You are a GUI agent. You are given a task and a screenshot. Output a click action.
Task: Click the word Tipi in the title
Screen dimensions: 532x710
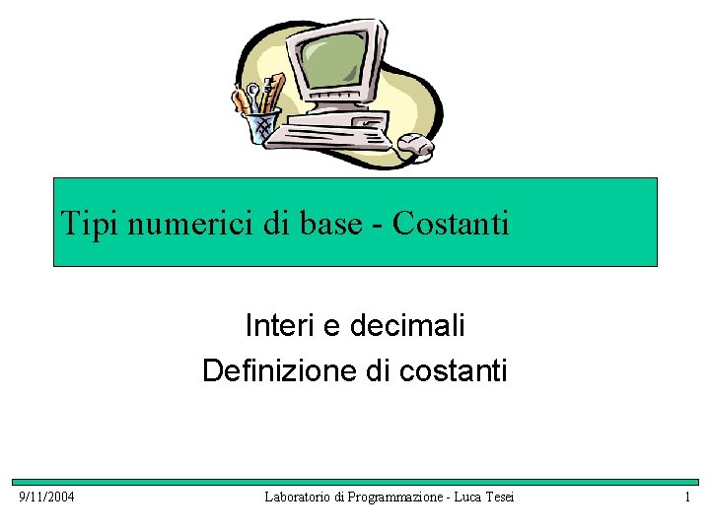pyautogui.click(x=82, y=224)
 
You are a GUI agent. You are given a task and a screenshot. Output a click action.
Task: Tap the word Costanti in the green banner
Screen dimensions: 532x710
pyautogui.click(x=451, y=224)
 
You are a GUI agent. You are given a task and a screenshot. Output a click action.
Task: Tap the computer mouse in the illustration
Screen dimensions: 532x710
pyautogui.click(x=415, y=146)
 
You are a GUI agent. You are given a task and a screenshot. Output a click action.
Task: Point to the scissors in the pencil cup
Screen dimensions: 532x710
pyautogui.click(x=254, y=98)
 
